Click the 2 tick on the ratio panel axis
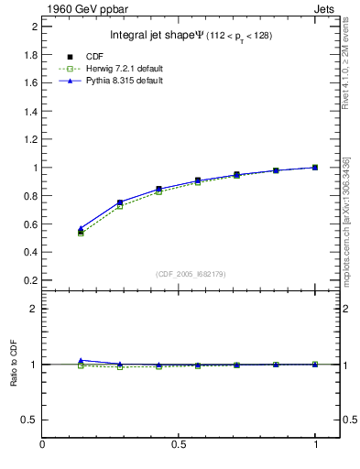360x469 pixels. pos(34,309)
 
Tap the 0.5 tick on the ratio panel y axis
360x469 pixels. pos(29,420)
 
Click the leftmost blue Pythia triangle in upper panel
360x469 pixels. pos(81,228)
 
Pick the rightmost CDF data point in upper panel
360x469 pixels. pos(315,168)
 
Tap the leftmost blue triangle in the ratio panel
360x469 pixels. pos(81,360)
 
